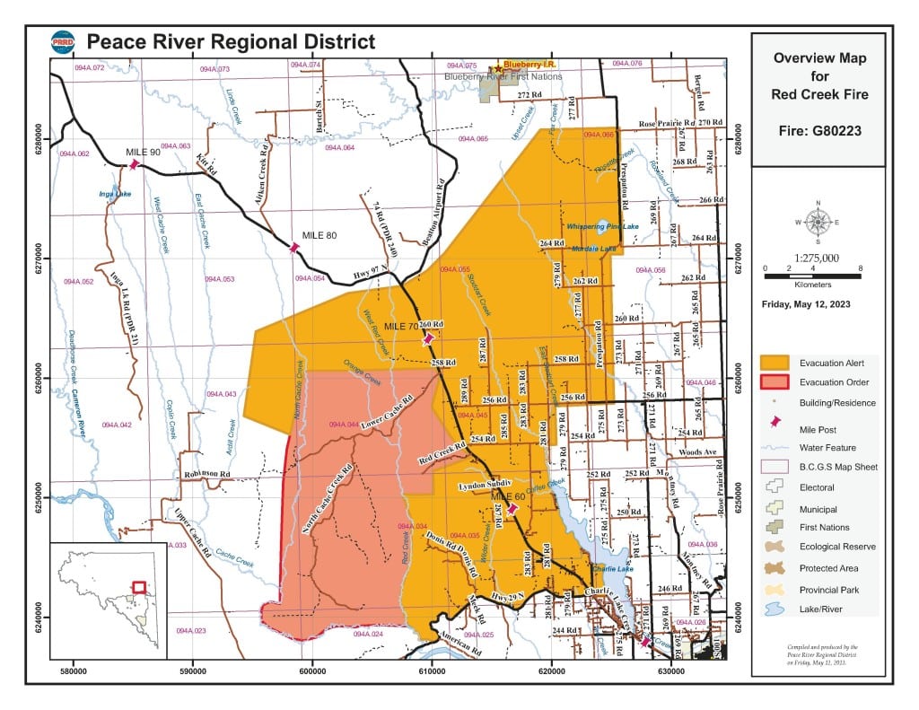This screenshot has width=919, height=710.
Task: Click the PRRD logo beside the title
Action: (x=62, y=42)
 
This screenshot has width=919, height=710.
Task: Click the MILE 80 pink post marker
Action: (x=293, y=247)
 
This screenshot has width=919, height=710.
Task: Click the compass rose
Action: (x=818, y=221)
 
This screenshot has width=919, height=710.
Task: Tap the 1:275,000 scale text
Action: (x=818, y=258)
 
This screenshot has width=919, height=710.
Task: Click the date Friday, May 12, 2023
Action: (x=807, y=304)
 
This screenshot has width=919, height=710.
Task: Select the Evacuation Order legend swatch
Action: (x=775, y=382)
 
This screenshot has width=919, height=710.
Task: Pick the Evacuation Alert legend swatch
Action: (x=775, y=362)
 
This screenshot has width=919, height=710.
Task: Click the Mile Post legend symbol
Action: (x=775, y=426)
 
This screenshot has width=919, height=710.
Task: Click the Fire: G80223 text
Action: (x=818, y=131)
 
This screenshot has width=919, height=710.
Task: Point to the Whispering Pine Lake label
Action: (x=602, y=227)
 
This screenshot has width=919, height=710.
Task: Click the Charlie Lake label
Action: (x=615, y=567)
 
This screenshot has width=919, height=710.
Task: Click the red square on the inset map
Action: (x=139, y=587)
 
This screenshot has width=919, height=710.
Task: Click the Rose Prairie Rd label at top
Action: (x=667, y=123)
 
